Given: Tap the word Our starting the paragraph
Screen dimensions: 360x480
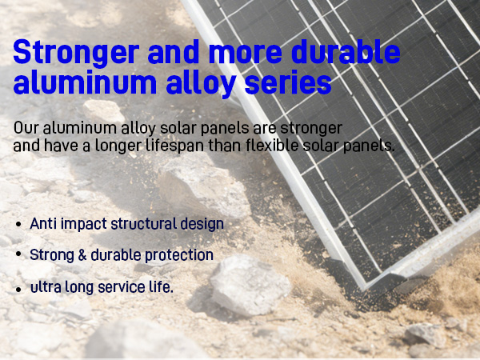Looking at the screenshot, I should (x=26, y=128).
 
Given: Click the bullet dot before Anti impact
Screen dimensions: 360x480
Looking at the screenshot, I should (x=18, y=225).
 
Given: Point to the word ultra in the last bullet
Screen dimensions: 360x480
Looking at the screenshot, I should (x=44, y=286).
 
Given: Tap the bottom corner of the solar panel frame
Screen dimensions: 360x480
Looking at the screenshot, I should (x=365, y=286).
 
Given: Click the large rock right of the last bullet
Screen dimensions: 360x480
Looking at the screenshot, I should (x=249, y=284).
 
